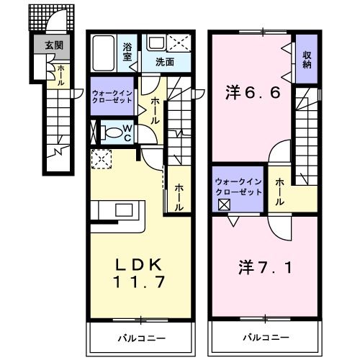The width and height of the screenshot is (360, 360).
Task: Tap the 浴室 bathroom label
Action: coord(127,50)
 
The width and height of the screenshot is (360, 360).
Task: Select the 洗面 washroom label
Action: coord(165,62)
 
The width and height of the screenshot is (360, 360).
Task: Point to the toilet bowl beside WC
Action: coord(112,132)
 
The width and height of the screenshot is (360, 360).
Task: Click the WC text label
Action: coord(126,132)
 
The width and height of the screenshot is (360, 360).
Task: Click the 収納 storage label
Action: coord(307,60)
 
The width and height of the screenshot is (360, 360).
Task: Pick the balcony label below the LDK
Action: coord(141,336)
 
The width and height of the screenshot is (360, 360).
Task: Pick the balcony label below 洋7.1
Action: coord(265,336)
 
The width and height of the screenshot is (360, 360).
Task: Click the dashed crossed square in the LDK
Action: coord(101,157)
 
